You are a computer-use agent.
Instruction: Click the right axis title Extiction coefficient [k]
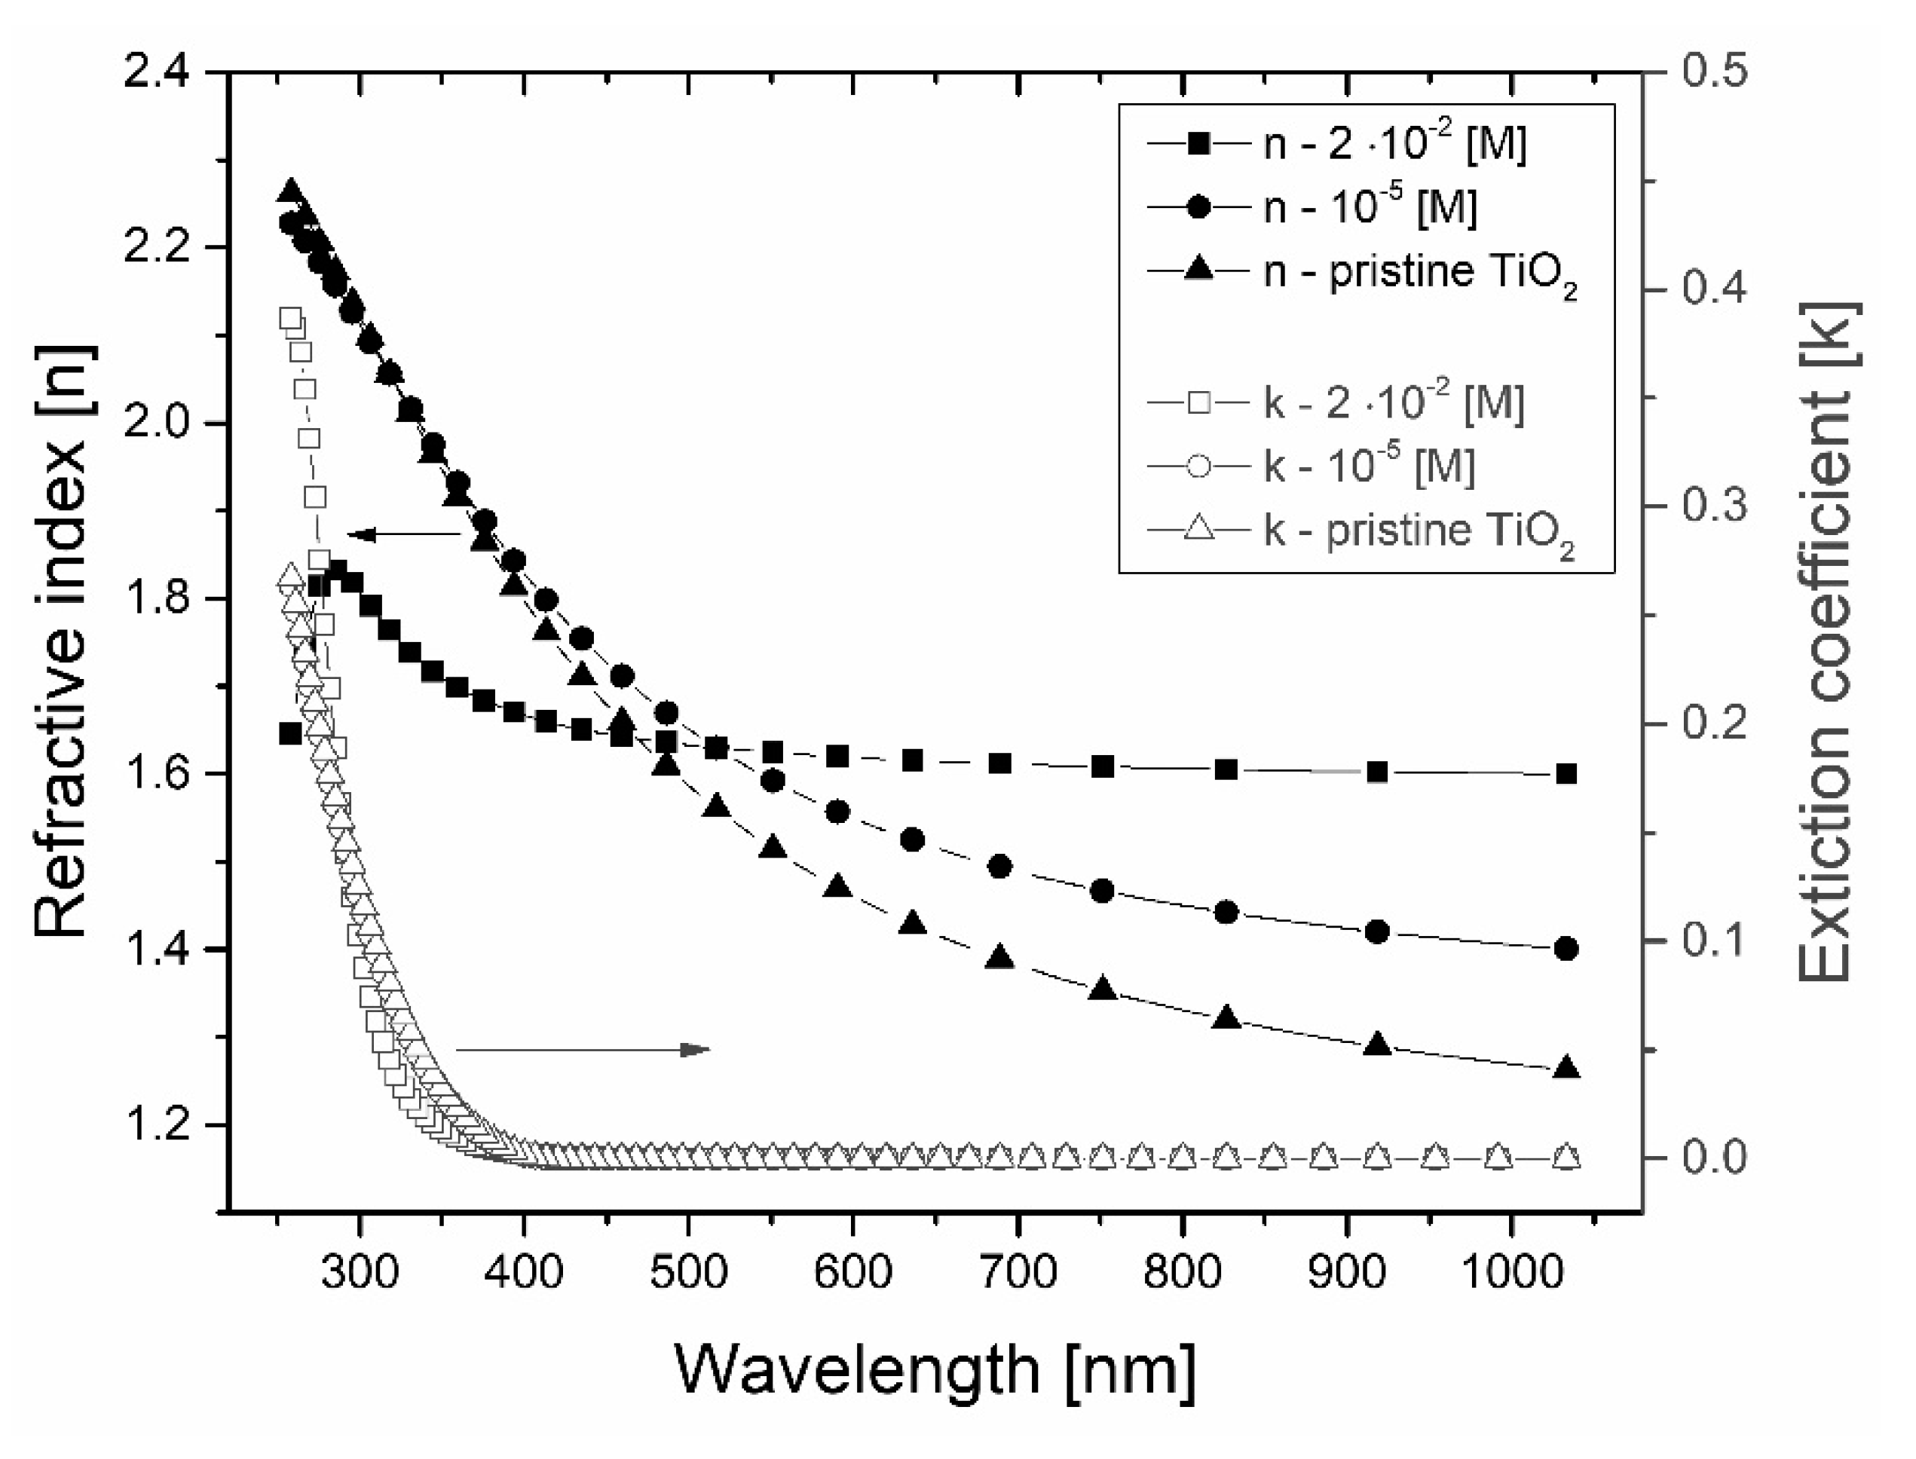click(x=1829, y=641)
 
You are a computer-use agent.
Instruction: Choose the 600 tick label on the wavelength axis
click(x=854, y=1273)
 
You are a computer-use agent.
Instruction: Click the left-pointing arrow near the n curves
click(x=404, y=535)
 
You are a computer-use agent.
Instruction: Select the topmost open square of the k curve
click(x=291, y=318)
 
